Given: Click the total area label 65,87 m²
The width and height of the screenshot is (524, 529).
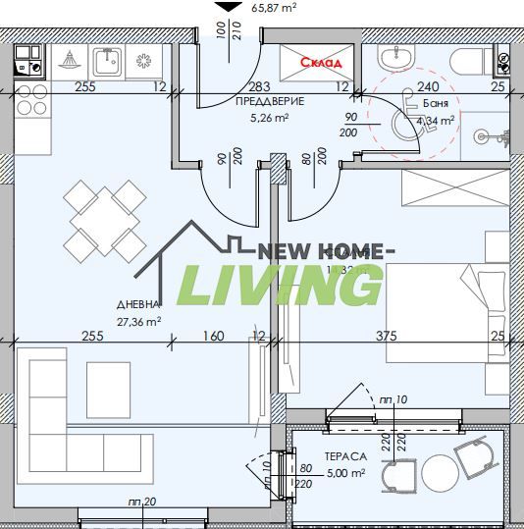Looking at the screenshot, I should coord(275,8).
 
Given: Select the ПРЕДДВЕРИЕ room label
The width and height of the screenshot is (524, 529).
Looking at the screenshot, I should coord(270,102).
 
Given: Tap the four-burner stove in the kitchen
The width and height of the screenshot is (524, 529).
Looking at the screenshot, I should coord(30,100).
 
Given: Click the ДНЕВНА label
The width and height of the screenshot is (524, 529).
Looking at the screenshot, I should coord(137,304).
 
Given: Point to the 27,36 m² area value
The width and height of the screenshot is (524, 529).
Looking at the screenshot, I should coord(139,320).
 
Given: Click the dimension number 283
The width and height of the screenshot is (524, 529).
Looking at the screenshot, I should coord(259,87).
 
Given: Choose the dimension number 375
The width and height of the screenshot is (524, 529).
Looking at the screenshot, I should coord(387,337).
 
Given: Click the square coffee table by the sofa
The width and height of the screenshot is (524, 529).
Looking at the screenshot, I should coord(108,383).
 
